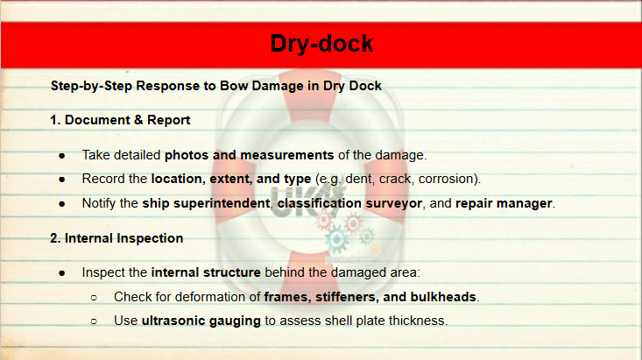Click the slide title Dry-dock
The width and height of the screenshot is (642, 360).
321,44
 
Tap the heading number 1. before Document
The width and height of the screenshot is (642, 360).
55,120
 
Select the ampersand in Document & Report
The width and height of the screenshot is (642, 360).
138,120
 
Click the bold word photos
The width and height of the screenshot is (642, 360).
187,155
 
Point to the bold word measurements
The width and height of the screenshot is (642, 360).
287,155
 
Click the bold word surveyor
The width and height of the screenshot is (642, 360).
393,203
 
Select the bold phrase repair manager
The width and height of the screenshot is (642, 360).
504,203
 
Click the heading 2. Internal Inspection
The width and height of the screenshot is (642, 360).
116,238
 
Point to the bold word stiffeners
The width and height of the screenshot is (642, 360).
347,297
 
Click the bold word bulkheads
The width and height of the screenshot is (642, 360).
443,297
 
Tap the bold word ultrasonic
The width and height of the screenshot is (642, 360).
173,321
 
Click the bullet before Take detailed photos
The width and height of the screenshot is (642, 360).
62,156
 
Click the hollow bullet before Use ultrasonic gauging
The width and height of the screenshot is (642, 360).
94,321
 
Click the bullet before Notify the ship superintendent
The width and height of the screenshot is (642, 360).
62,203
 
